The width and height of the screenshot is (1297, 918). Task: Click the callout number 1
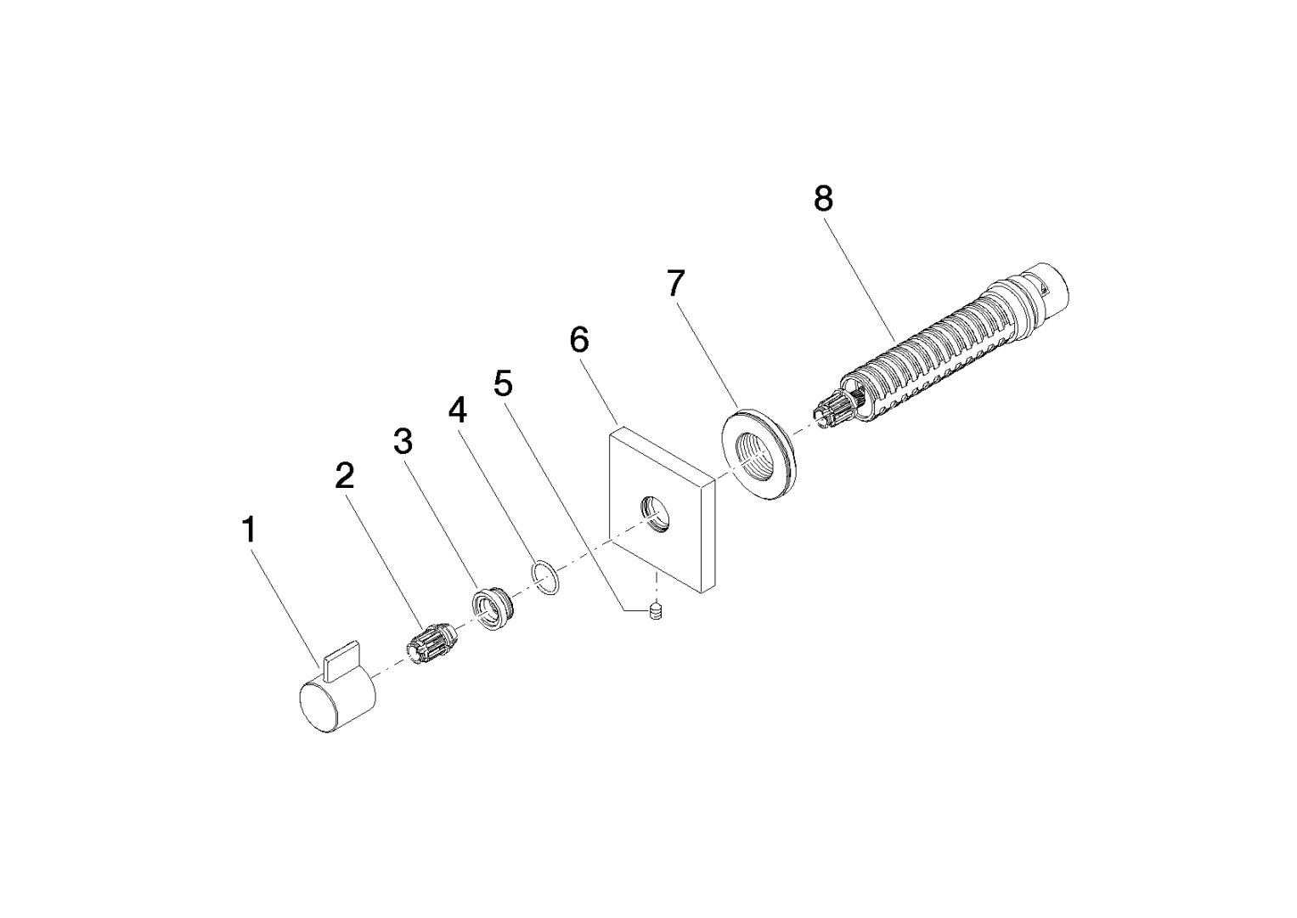(249, 530)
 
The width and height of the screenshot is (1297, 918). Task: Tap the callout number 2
(345, 475)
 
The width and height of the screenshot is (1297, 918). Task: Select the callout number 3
(403, 441)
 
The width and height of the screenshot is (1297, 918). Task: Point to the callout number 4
(458, 410)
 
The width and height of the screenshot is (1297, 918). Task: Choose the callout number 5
(503, 383)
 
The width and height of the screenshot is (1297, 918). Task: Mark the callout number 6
(579, 339)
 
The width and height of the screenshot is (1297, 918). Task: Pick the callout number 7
(676, 283)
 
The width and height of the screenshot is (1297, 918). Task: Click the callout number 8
(823, 199)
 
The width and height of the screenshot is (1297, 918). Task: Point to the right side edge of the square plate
(708, 534)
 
